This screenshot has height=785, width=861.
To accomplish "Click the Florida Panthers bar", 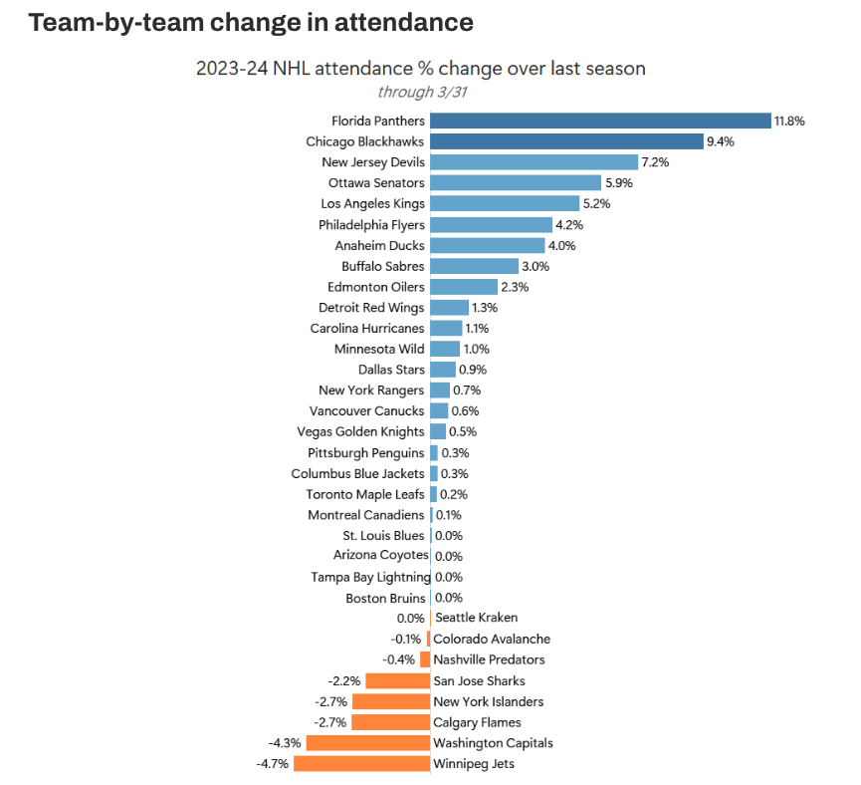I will [600, 121].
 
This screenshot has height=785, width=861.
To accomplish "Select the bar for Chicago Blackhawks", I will [566, 141].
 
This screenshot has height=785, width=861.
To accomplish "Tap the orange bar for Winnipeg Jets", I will [361, 764].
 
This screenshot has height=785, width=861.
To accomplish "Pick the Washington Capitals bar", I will [367, 743].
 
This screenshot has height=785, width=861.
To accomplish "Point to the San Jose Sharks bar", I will [397, 681].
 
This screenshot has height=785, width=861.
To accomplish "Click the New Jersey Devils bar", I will [534, 162].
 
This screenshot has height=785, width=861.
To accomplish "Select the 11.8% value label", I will [789, 121].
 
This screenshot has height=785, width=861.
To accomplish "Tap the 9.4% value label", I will [720, 141].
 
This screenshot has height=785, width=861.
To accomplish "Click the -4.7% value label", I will [272, 764].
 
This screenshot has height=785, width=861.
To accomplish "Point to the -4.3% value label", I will [285, 743].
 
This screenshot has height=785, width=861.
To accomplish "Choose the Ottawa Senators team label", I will [376, 183].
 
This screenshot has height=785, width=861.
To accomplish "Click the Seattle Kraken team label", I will [476, 618].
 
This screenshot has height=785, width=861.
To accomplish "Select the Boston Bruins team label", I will [385, 598].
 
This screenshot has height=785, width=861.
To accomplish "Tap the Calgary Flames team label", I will [477, 722].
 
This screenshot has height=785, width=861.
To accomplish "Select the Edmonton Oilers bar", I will [464, 287].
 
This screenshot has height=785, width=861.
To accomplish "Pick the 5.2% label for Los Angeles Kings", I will [597, 204].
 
